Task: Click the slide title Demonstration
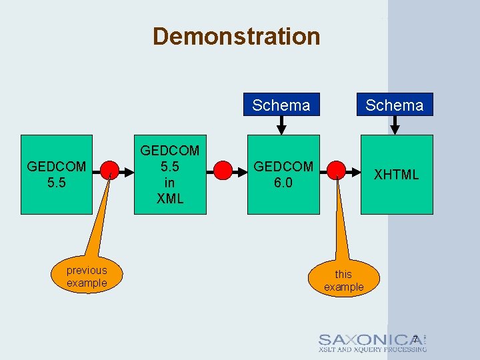click(x=236, y=36)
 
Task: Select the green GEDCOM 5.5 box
click(x=56, y=174)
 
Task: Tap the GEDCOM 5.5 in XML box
click(x=169, y=174)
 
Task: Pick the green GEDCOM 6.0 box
click(x=283, y=174)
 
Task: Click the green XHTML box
click(x=397, y=174)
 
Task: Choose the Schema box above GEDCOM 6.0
click(x=281, y=105)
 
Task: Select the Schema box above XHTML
click(x=394, y=105)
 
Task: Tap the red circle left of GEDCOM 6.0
click(x=223, y=171)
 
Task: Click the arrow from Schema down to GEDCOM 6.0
click(x=281, y=125)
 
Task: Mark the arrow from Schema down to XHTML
click(x=395, y=125)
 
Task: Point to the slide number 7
click(x=415, y=339)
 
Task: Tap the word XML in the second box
click(x=169, y=198)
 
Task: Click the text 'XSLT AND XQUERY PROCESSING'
click(x=372, y=349)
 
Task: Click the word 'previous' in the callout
click(x=87, y=270)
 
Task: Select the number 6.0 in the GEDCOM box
click(x=283, y=182)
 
